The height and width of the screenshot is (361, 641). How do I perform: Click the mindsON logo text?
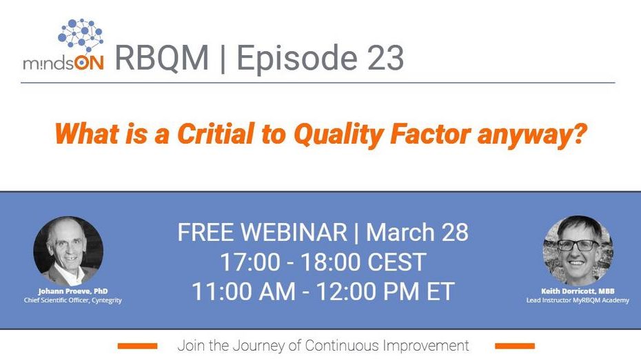coord(63,63)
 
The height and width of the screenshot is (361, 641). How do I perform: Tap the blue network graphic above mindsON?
coord(80,35)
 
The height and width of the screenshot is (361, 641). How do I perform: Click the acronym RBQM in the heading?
coord(162,58)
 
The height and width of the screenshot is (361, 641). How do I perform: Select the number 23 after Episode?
coord(385,58)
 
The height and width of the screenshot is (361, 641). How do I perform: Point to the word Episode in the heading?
coord(297,59)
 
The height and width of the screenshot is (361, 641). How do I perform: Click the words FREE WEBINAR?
coord(262,232)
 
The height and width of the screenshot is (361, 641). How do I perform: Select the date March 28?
coord(417,232)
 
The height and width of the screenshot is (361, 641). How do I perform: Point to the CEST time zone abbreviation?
coord(396,262)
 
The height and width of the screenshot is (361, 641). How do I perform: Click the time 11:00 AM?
coord(243,291)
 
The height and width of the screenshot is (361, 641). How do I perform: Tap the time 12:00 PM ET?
coord(385,291)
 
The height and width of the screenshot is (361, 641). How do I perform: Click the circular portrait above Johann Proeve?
coord(68,251)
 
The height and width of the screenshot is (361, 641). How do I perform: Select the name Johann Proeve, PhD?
coord(73,291)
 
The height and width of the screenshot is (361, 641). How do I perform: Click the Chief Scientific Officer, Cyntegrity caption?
coord(73,300)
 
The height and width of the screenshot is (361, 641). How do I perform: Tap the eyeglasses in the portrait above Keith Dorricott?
coord(578,245)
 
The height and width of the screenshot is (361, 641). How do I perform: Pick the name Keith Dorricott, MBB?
coord(578,291)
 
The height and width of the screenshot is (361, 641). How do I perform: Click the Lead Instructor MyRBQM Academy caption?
coord(578,300)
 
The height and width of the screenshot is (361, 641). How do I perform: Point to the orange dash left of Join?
coord(137,347)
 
